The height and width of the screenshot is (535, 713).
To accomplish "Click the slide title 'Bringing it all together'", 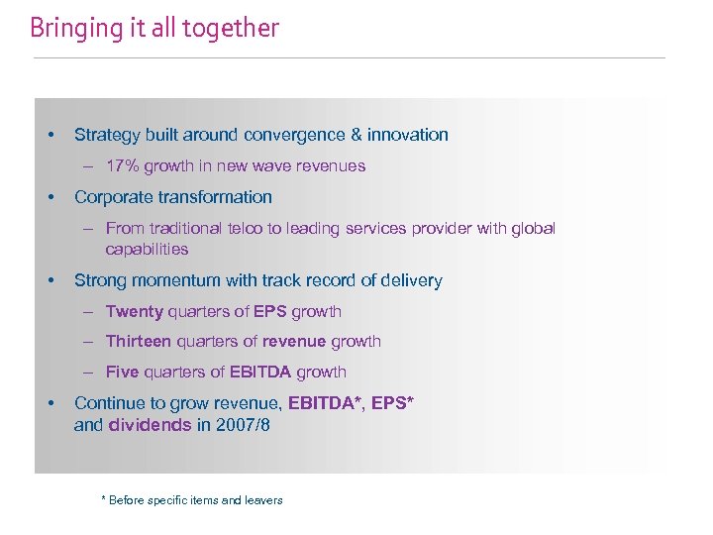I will pos(154,28).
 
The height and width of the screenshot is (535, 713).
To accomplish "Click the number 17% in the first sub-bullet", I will pos(123,166).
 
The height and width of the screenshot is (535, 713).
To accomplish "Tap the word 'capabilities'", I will pos(147,250).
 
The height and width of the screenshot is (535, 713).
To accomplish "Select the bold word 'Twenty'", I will pos(134,312).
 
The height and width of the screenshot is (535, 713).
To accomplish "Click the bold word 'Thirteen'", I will pos(139,342).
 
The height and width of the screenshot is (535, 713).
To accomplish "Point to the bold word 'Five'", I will pos(123,373).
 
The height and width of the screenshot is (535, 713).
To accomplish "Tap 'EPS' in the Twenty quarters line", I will pos(269,312).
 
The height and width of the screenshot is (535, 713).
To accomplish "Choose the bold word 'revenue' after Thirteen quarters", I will pos(294,342).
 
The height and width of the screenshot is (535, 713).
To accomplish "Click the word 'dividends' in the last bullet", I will pos(150,425).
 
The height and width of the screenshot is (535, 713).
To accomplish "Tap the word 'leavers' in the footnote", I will pos(263,500).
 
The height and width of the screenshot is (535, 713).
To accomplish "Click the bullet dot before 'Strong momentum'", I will pos(50,280).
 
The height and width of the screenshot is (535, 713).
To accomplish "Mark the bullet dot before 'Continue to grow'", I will pos(50,403).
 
